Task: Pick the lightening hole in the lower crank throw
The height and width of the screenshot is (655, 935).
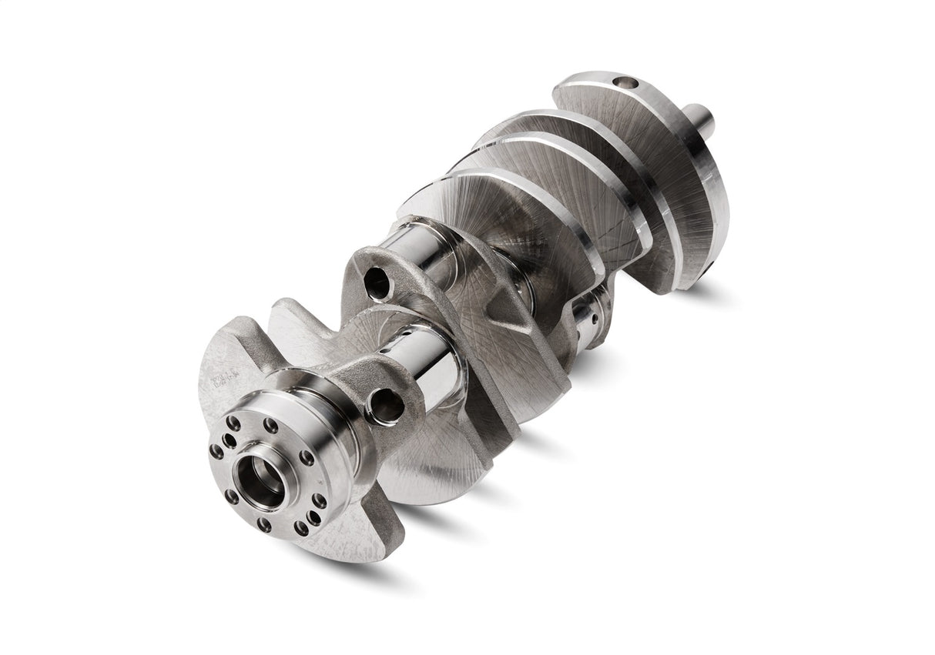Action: point(385,405)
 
